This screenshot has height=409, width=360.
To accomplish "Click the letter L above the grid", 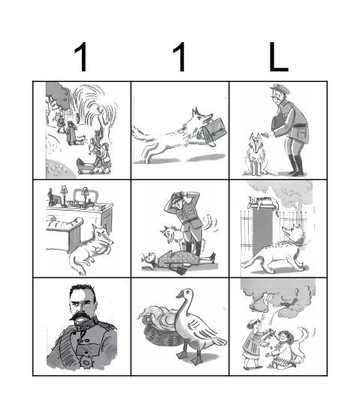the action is [x=278, y=57].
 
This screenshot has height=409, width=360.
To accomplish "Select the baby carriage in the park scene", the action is [x=86, y=166].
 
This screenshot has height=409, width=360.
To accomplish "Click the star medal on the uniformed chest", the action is [x=86, y=362].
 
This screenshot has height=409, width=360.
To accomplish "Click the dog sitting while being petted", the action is [x=257, y=155].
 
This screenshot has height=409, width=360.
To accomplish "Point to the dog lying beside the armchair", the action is [x=91, y=248].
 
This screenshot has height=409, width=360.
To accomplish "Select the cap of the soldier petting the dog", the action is [x=280, y=89].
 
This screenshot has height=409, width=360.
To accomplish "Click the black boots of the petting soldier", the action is [x=296, y=165].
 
